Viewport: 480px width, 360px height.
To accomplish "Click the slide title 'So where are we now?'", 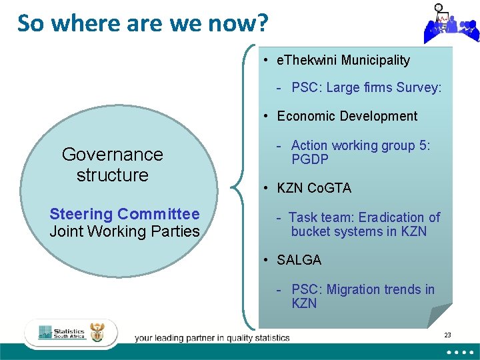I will click(143, 23).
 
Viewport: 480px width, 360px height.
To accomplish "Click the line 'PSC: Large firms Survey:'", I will click(366, 88).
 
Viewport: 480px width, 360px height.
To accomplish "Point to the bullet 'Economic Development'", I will click(347, 116).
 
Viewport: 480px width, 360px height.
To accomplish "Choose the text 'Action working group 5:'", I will click(360, 145).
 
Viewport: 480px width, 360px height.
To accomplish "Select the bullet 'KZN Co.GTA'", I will click(313, 188).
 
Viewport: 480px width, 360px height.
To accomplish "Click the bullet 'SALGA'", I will click(299, 260).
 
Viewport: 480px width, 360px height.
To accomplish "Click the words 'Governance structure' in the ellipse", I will click(112, 165).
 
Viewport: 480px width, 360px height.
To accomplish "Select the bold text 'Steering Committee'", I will click(125, 214).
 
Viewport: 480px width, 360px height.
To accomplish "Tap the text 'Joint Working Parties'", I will click(125, 232).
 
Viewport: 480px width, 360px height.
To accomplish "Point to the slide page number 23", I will click(447, 335).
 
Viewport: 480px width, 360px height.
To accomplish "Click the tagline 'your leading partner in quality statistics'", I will click(212, 338).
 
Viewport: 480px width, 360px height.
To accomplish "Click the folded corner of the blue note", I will click(439, 315).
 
